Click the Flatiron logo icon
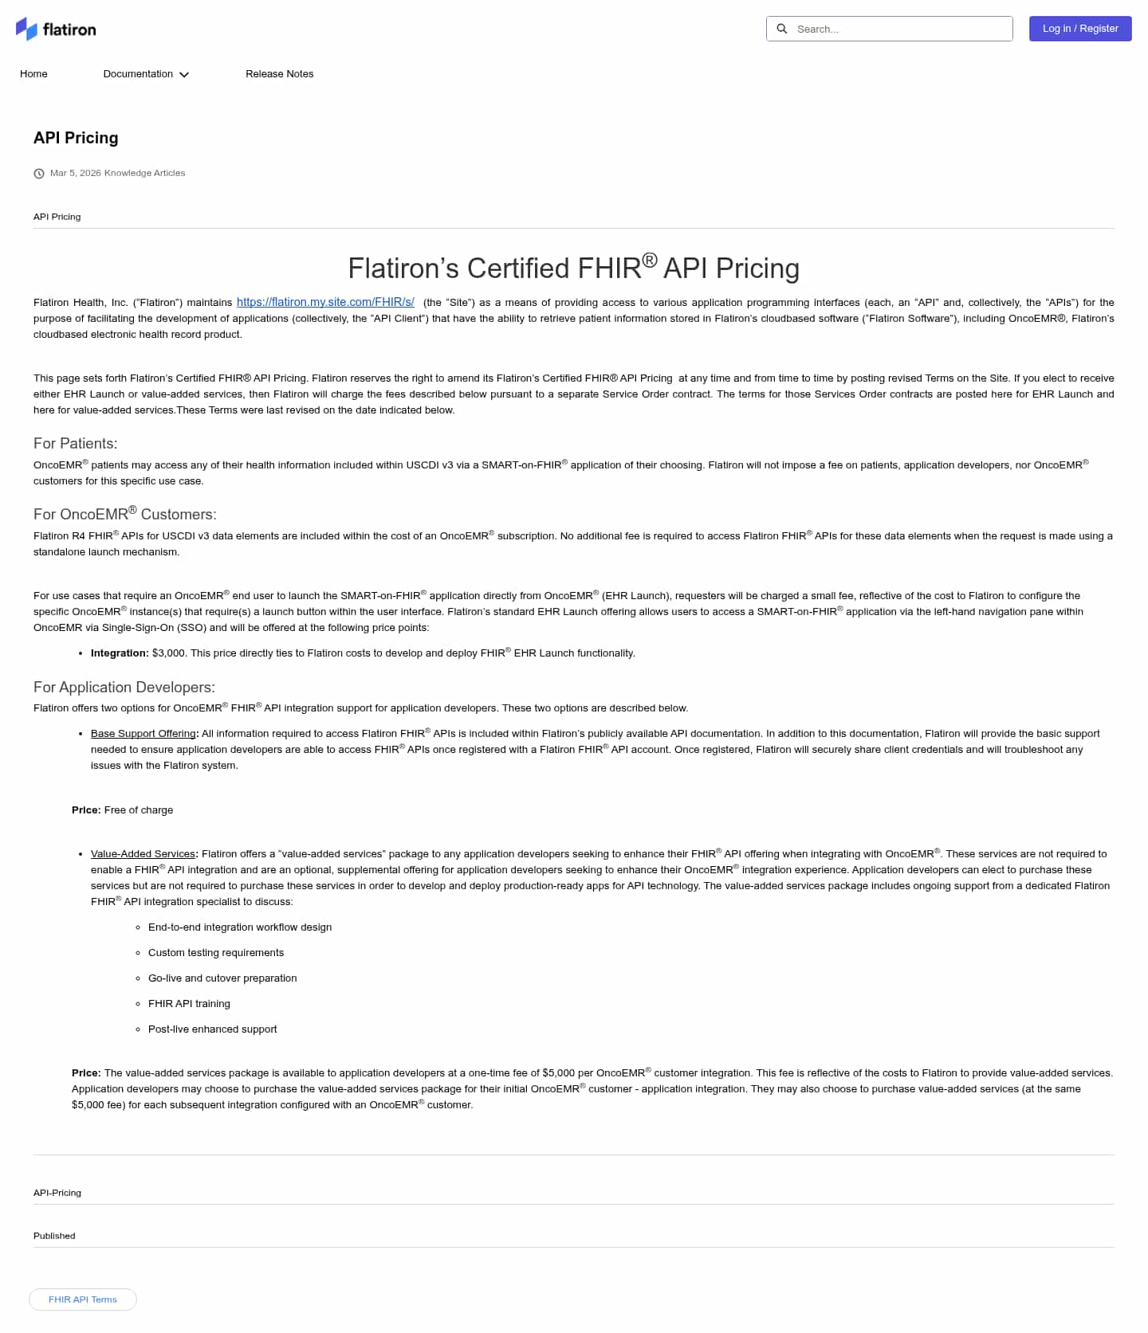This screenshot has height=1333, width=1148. pyautogui.click(x=26, y=29)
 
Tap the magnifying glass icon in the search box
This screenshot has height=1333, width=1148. pyautogui.click(x=782, y=29)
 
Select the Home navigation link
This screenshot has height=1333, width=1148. pyautogui.click(x=33, y=74)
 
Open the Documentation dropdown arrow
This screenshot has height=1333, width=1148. pyautogui.click(x=184, y=75)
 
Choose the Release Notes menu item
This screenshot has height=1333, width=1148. pyautogui.click(x=279, y=74)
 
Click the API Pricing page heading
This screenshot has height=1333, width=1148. pyautogui.click(x=76, y=138)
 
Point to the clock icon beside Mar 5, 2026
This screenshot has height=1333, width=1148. pyautogui.click(x=39, y=174)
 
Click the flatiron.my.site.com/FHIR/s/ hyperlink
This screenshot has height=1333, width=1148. pyautogui.click(x=325, y=302)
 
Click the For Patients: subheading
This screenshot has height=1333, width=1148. pyautogui.click(x=75, y=443)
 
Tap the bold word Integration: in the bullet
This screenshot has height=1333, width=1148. pyautogui.click(x=120, y=653)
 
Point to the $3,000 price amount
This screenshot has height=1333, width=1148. pyautogui.click(x=168, y=653)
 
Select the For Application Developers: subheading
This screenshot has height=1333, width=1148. pyautogui.click(x=124, y=687)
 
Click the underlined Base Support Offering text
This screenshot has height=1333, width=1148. pyautogui.click(x=143, y=734)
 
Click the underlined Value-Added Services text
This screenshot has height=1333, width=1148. pyautogui.click(x=143, y=854)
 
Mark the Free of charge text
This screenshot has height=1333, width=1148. pyautogui.click(x=139, y=810)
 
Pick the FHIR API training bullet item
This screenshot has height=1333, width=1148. pyautogui.click(x=189, y=1004)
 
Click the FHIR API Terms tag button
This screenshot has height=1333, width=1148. pyautogui.click(x=83, y=1300)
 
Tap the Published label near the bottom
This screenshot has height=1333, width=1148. pyautogui.click(x=54, y=1236)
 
